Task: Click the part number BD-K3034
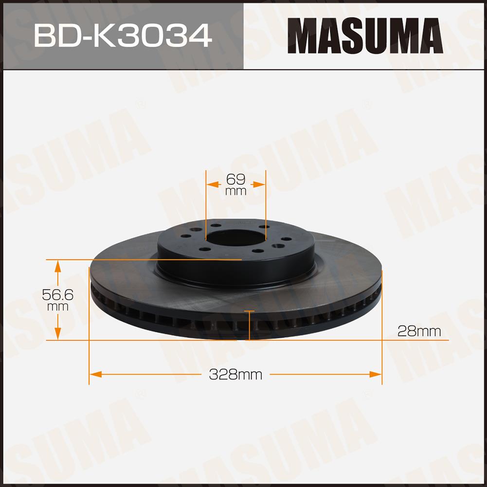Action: point(123,36)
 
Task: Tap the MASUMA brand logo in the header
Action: point(365,36)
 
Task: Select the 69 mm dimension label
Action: point(236,184)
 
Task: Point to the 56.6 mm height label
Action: point(58,299)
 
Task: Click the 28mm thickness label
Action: point(419,331)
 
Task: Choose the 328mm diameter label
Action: point(235,374)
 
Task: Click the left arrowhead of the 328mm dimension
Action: point(95,374)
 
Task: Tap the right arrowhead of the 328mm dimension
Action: point(376,374)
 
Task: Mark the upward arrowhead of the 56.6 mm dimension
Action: point(58,267)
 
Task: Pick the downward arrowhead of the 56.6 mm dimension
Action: point(58,333)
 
